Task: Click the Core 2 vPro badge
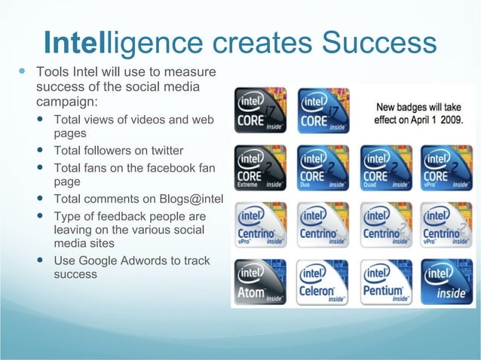(x=447, y=167)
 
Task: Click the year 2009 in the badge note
(x=449, y=120)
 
